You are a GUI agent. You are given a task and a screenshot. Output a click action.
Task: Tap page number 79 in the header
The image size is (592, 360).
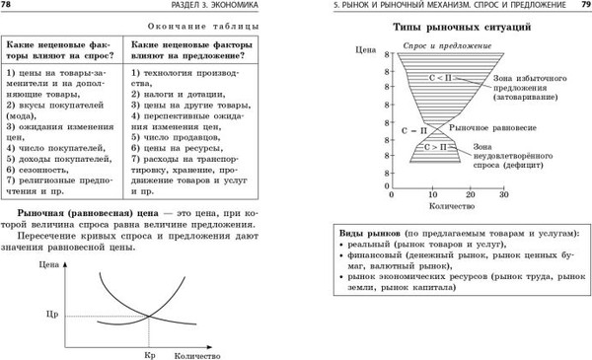[x=581, y=7]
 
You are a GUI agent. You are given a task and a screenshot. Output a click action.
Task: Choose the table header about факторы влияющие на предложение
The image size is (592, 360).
[x=193, y=53]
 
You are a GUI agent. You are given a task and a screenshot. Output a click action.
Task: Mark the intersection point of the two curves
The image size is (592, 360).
[x=150, y=316]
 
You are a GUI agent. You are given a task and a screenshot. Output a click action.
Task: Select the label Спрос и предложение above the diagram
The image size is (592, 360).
[x=438, y=46]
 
